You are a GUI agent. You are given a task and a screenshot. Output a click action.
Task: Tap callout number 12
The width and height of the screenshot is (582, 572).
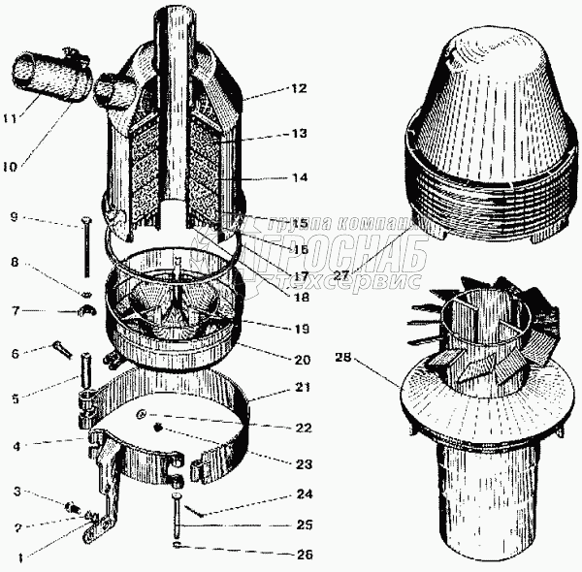[298, 88]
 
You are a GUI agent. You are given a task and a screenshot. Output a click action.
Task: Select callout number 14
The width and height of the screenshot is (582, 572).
[298, 179]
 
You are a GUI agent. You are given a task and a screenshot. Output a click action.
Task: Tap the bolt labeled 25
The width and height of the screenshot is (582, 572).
[178, 519]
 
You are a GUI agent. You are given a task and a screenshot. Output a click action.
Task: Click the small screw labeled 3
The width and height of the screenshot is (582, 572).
[71, 506]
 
